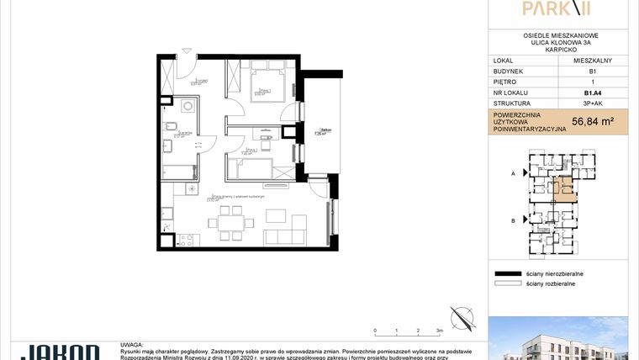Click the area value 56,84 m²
click(592, 122)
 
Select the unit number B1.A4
click(592, 93)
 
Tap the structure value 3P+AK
click(592, 104)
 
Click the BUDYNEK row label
click(507, 71)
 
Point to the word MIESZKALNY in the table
click(592, 61)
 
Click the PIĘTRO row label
click(504, 82)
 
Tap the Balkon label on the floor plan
click(319, 130)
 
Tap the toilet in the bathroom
click(170, 127)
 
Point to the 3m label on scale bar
click(439, 331)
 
